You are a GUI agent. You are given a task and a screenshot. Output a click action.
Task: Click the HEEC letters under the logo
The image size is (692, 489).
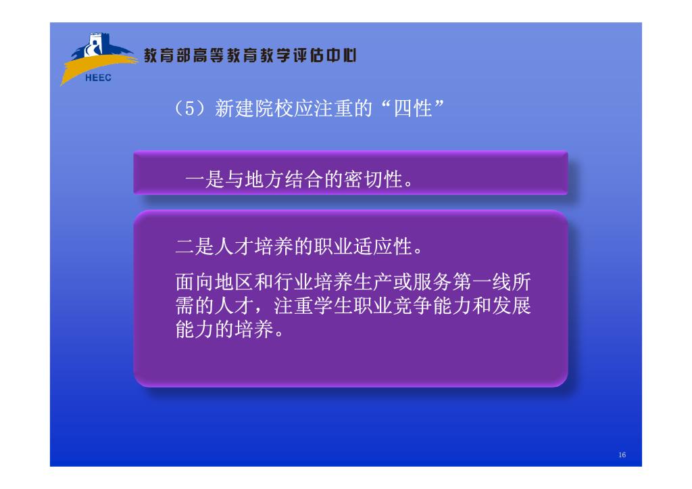(x=98, y=78)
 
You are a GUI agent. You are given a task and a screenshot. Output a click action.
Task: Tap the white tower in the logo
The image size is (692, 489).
(x=95, y=44)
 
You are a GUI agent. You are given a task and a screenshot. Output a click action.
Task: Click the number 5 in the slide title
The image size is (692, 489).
(x=190, y=109)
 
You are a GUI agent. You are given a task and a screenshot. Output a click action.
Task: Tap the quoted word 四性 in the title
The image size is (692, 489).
(x=412, y=109)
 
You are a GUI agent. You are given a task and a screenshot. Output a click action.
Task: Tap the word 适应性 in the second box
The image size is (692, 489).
(x=382, y=246)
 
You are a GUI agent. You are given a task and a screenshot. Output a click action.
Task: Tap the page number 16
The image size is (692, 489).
(x=622, y=455)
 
